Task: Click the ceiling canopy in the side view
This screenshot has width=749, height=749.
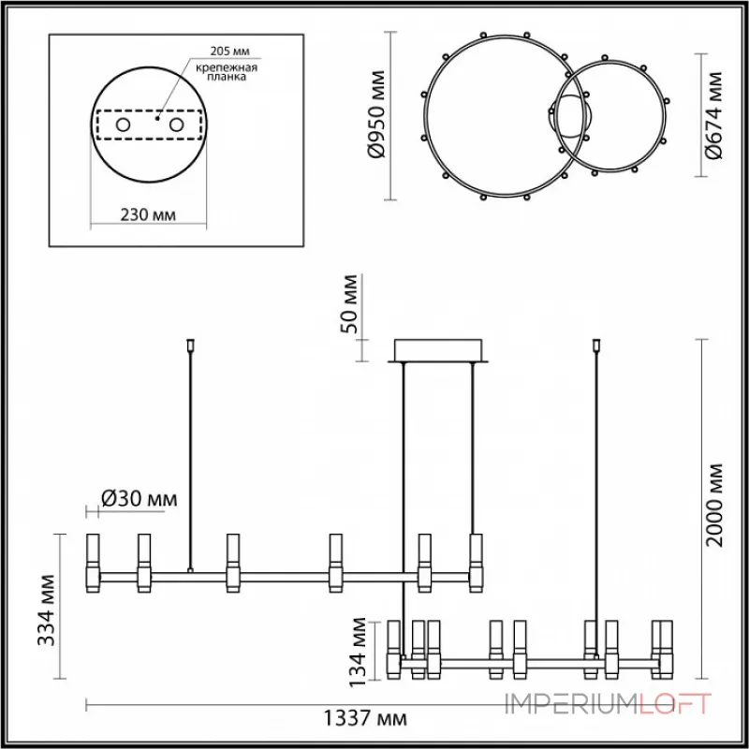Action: pos(437,349)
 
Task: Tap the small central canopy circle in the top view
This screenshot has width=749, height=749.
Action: pos(568,118)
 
